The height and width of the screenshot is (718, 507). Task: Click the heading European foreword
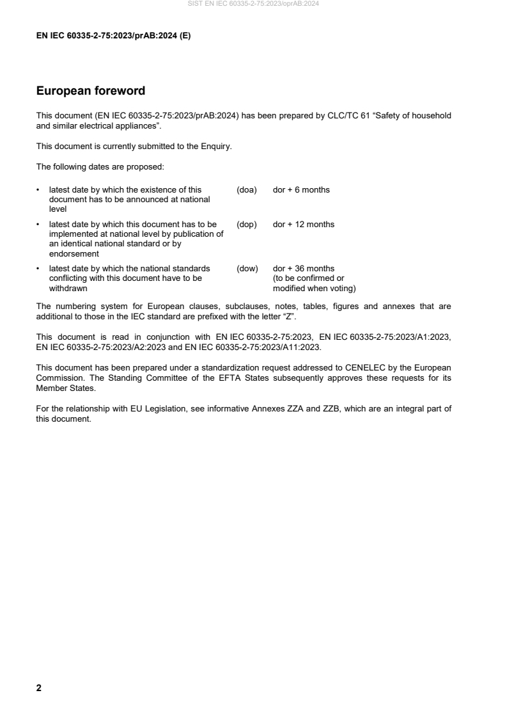click(91, 92)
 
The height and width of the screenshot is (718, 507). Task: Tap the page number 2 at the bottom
click(39, 688)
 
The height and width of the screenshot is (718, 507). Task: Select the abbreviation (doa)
click(247, 190)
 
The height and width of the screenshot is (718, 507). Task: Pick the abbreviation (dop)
click(247, 225)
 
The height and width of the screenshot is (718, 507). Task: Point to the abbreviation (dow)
click(247, 269)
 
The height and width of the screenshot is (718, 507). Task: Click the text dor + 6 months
click(301, 190)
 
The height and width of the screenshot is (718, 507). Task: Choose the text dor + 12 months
click(304, 225)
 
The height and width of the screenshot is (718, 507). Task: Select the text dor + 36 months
click(304, 269)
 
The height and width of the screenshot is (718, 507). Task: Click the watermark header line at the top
click(253, 4)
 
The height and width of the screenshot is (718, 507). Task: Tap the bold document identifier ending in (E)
click(114, 36)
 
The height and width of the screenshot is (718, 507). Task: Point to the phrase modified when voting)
click(314, 288)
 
